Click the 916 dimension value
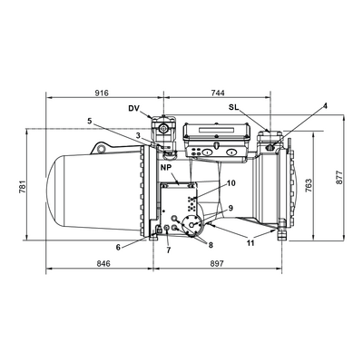click(x=102, y=93)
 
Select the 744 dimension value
click(x=218, y=93)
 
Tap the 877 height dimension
click(x=339, y=177)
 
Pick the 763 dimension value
click(x=308, y=185)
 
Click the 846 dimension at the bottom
click(x=103, y=263)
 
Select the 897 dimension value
click(x=217, y=263)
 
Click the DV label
click(x=133, y=108)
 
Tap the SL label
click(x=234, y=107)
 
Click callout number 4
click(x=325, y=106)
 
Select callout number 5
click(x=90, y=122)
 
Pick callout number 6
click(x=118, y=247)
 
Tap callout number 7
click(x=169, y=250)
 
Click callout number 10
click(x=231, y=183)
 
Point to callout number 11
click(x=250, y=243)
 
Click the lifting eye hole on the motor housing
click(x=102, y=149)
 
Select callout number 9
click(x=231, y=208)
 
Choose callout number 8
click(x=211, y=245)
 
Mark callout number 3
click(x=138, y=136)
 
